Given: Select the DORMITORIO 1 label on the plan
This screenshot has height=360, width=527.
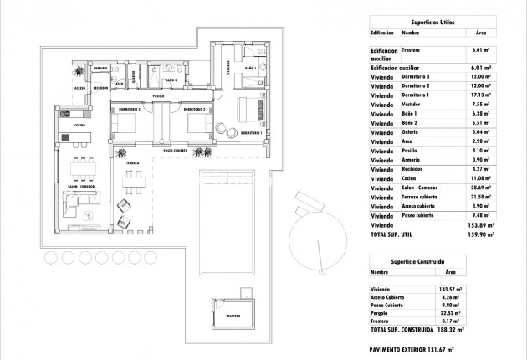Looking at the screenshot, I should click(251, 134).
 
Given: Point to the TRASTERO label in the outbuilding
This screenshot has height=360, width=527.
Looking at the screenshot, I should click(233, 316).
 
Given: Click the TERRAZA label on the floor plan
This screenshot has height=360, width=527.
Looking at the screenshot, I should click(122, 162).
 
